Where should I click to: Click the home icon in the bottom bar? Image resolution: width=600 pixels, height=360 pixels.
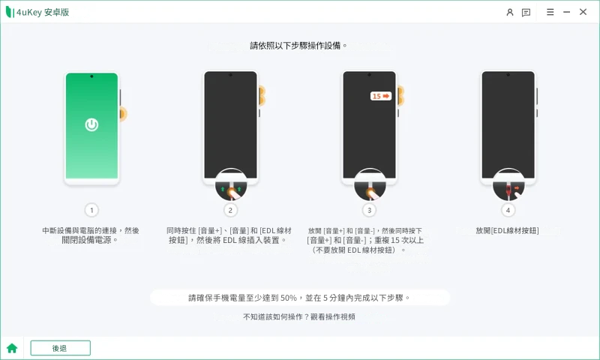12,348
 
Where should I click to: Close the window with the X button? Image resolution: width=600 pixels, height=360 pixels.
583,12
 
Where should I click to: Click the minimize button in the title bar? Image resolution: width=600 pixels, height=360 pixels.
566,12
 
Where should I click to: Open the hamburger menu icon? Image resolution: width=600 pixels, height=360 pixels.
550,12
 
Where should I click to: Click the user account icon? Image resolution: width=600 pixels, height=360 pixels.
510,12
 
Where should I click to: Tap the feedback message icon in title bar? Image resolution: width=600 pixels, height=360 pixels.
526,13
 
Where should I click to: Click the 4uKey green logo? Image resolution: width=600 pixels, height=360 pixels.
10,12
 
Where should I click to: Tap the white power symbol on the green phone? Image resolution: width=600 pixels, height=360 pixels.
91,124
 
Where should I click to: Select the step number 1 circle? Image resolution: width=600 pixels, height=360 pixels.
91,210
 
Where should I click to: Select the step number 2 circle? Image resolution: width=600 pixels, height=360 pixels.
230,210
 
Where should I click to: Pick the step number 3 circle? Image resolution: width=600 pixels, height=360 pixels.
369,210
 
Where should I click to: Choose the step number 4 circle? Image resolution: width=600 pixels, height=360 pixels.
508,210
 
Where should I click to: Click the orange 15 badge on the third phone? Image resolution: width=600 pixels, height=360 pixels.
381,96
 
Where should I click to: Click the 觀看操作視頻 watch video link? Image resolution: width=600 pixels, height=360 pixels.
333,316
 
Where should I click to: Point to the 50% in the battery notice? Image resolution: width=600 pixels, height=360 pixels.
289,298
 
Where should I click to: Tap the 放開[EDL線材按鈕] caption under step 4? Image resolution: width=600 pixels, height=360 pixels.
508,230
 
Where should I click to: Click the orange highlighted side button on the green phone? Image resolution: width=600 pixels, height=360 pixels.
123,113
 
